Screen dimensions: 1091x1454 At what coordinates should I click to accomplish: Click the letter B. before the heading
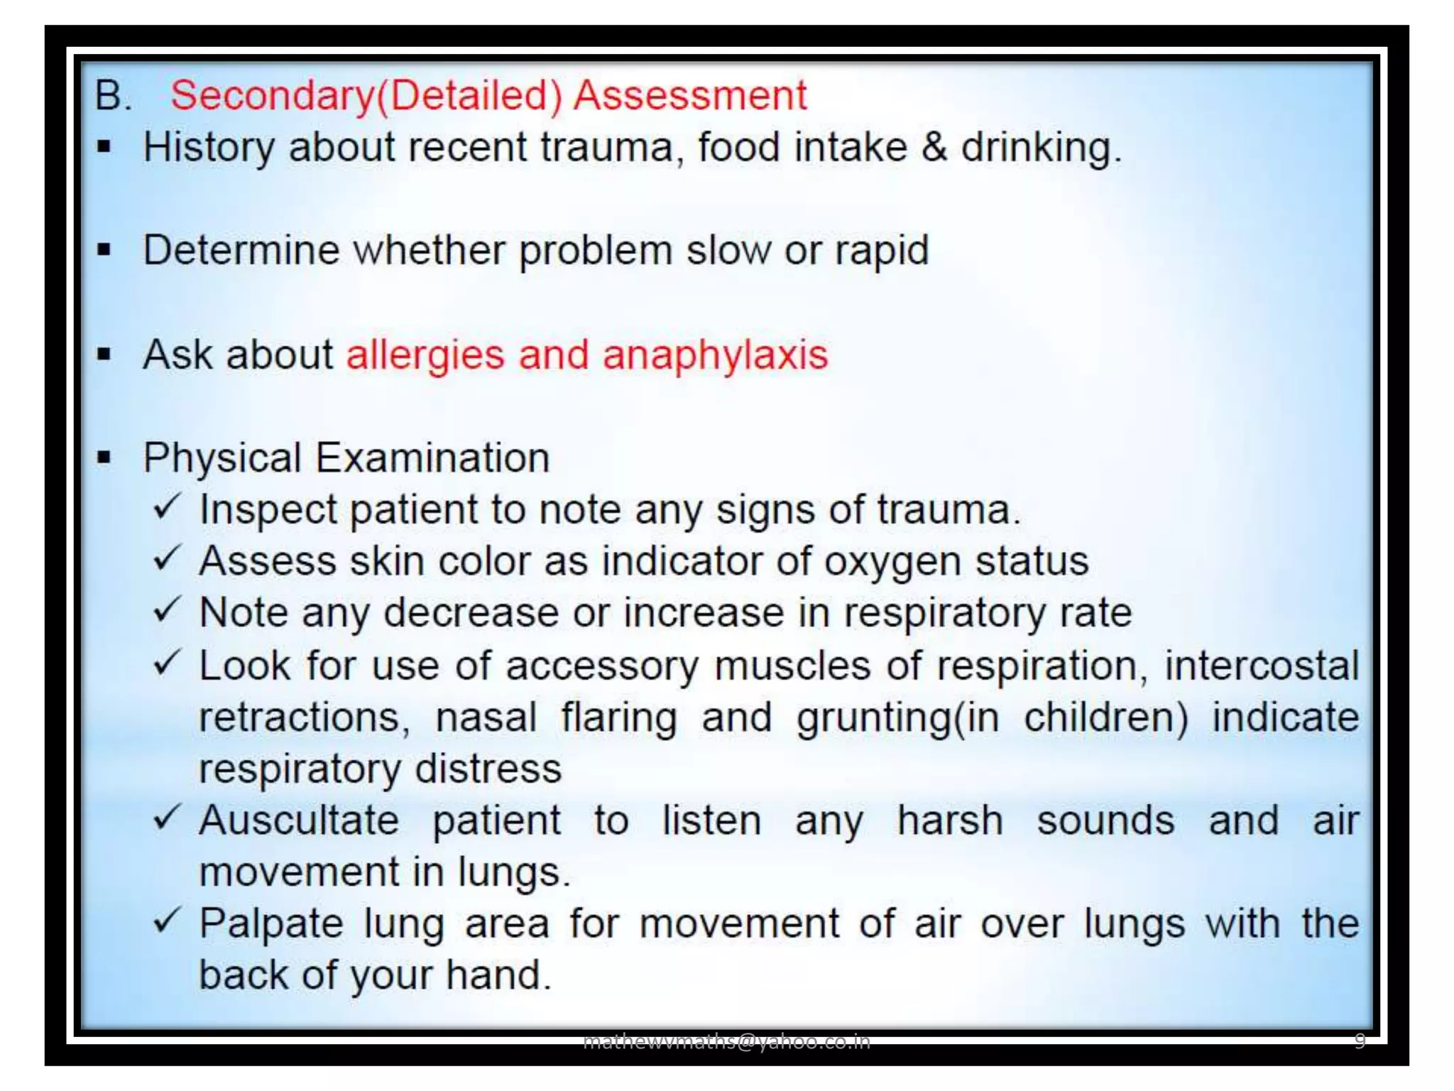point(114,96)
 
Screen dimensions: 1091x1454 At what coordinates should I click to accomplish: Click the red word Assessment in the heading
point(690,96)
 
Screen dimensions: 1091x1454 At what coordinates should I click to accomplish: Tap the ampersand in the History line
point(934,148)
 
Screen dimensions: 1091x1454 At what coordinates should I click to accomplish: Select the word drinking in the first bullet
point(1040,148)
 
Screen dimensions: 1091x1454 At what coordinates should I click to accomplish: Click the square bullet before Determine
point(104,251)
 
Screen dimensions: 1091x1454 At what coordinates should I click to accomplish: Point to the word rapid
point(881,251)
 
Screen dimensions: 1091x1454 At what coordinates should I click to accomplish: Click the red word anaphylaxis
point(715,354)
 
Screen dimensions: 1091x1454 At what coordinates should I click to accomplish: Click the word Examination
point(432,457)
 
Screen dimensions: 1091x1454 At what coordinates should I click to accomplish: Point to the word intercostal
point(1261,666)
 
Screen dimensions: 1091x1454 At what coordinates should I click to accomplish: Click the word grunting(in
point(897,717)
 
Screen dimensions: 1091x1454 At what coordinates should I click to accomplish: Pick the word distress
point(488,769)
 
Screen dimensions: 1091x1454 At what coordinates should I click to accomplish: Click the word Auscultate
point(299,821)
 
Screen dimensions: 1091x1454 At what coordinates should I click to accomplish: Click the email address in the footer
point(726,1041)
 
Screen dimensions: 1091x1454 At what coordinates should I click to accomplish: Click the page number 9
point(1360,1041)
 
